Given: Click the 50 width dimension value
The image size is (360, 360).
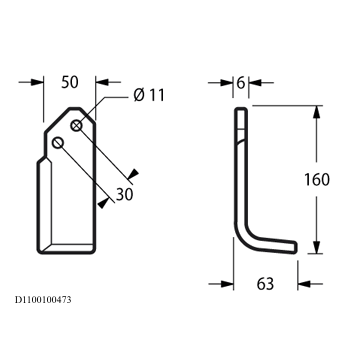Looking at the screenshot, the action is pyautogui.click(x=70, y=82).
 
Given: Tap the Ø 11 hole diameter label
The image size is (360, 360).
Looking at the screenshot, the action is pyautogui.click(x=149, y=95).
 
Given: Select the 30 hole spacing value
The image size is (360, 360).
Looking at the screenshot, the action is pyautogui.click(x=124, y=194).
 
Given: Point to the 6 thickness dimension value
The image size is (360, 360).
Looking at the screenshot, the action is pyautogui.click(x=241, y=83).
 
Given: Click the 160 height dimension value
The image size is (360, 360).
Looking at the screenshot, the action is pyautogui.click(x=317, y=180).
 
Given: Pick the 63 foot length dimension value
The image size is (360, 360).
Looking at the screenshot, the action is pyautogui.click(x=265, y=284).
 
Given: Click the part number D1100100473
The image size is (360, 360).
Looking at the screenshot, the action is pyautogui.click(x=43, y=300).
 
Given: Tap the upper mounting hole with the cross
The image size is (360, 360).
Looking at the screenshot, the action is pyautogui.click(x=77, y=126).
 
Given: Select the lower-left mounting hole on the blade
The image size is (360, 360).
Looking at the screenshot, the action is pyautogui.click(x=58, y=143).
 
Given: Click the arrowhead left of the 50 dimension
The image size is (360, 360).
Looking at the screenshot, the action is pyautogui.click(x=37, y=82).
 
